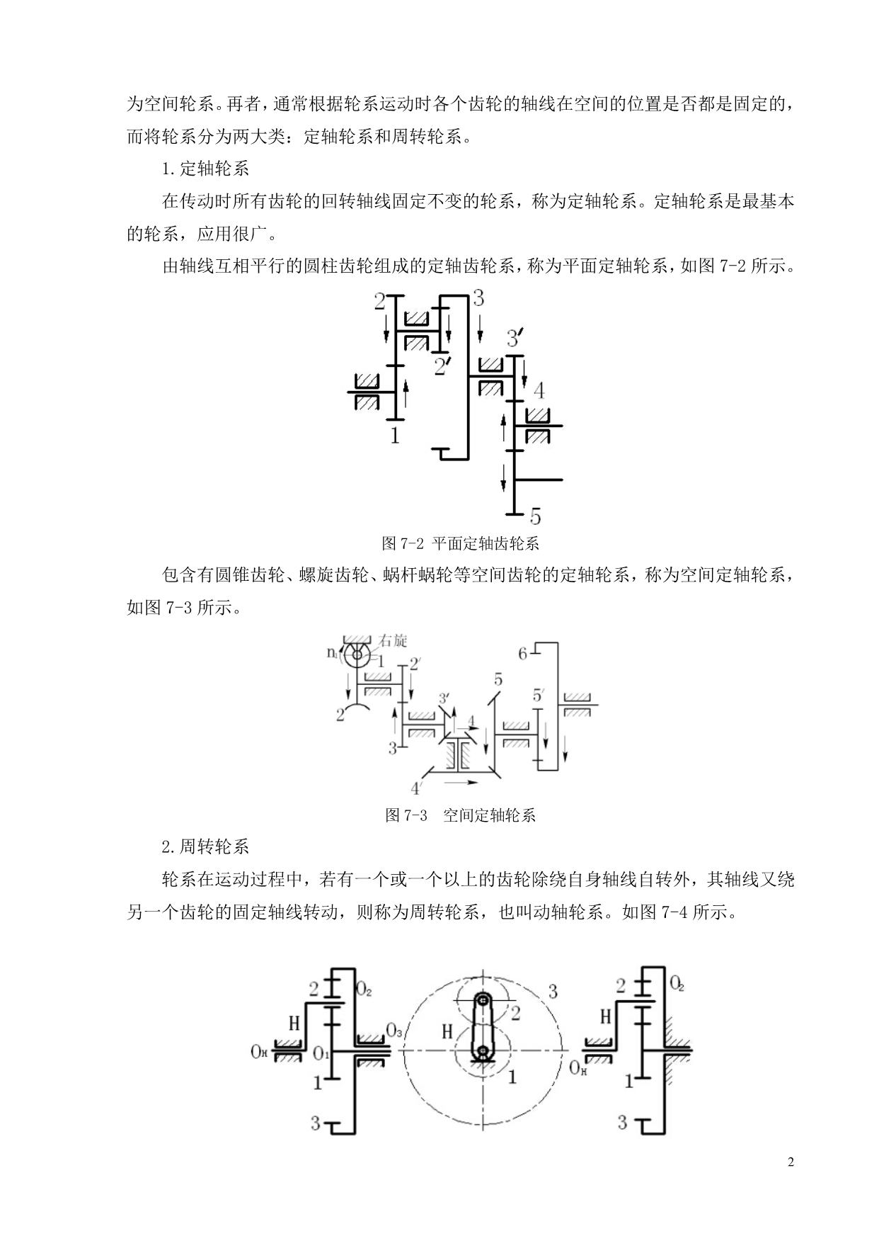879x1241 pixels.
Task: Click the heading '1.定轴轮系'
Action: coord(205,169)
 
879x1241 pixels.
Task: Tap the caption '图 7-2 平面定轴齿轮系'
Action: coord(460,543)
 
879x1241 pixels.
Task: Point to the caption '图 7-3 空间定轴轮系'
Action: coord(460,815)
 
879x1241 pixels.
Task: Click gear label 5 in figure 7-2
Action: coord(536,515)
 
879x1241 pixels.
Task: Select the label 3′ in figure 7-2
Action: coord(516,338)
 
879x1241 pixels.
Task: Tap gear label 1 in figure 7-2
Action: coord(395,435)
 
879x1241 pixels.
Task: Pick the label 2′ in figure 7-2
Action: coord(443,366)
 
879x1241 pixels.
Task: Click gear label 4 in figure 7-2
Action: coord(539,390)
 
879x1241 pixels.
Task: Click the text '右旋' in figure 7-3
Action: coord(393,641)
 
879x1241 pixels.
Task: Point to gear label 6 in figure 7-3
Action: coord(523,653)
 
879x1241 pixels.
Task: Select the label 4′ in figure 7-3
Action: coord(418,787)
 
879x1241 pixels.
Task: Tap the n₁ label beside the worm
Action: coord(333,652)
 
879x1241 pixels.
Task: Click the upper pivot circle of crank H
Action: coord(483,999)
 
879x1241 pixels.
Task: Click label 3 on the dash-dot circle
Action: coord(553,990)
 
